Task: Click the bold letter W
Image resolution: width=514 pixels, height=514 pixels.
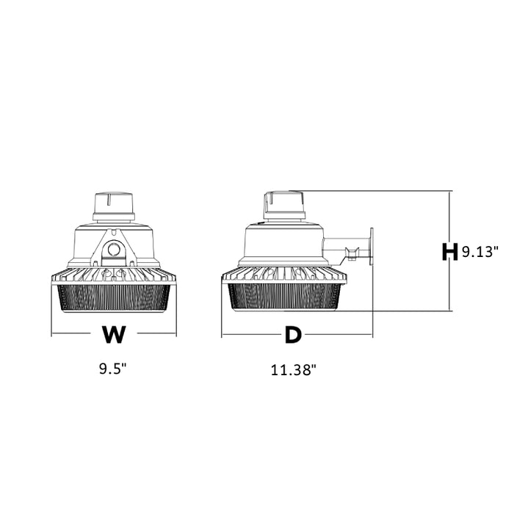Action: [114, 334]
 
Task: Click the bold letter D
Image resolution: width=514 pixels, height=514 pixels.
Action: [293, 335]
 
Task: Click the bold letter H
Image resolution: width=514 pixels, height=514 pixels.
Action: [449, 252]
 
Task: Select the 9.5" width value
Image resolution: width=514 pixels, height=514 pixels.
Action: [113, 369]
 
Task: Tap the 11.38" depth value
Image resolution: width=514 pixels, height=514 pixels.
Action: [293, 370]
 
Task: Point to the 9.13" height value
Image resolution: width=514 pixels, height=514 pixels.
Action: [479, 252]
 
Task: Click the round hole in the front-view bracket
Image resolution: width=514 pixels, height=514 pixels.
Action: [114, 250]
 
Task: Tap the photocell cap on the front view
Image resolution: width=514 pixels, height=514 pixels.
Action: [114, 206]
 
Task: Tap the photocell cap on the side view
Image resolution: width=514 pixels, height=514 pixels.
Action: [285, 205]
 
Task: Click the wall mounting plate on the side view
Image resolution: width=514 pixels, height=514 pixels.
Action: [372, 247]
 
